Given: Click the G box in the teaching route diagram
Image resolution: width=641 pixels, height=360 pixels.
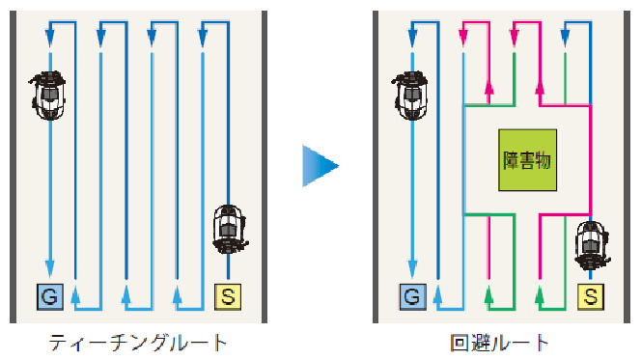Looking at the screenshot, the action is [50, 296].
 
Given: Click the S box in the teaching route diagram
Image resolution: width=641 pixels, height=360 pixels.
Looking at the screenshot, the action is [228, 296].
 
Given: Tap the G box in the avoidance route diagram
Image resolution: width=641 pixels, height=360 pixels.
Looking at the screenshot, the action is [412, 296].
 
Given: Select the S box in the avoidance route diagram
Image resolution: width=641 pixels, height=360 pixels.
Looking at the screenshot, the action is [590, 296].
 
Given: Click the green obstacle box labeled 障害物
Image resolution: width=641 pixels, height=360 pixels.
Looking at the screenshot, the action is [527, 160].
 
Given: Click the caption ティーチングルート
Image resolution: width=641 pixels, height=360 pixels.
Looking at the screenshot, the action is [138, 343].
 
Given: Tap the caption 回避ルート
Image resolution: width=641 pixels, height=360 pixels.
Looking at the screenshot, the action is [499, 343].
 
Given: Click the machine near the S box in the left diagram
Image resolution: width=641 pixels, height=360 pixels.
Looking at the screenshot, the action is [230, 230].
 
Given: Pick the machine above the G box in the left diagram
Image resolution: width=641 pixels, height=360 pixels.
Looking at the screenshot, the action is [48, 96].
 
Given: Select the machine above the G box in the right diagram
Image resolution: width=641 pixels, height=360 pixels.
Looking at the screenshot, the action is [410, 96].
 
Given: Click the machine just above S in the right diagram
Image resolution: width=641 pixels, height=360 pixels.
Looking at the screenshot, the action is [592, 246].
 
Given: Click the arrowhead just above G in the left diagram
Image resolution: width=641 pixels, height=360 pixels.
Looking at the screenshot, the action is [50, 269].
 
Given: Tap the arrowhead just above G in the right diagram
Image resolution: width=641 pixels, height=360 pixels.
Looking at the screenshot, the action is [412, 269].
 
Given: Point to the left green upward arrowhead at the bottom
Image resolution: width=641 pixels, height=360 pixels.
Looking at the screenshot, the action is [488, 295].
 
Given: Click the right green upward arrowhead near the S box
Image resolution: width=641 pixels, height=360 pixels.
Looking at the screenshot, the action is [540, 295].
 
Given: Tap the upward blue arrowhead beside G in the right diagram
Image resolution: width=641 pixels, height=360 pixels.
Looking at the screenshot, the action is [438, 295].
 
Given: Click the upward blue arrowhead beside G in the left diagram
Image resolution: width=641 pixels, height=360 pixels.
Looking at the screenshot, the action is [75, 295].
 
